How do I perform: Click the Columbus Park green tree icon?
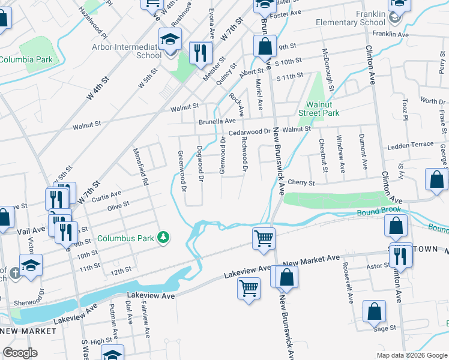(x=163, y=238)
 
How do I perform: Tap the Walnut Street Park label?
(x=319, y=109)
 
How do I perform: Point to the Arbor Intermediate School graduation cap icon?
(x=170, y=40)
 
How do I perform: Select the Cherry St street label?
(x=301, y=182)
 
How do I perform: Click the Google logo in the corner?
(x=20, y=353)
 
